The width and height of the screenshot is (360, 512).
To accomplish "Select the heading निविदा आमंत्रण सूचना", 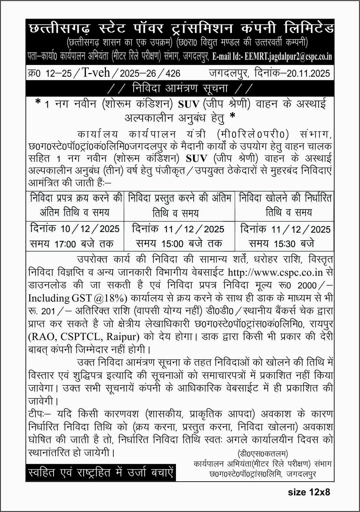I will (180, 88).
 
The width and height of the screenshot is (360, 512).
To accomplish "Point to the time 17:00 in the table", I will (66, 244).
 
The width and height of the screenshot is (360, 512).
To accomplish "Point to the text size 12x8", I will (309, 492).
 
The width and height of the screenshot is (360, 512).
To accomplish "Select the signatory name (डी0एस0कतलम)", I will (263, 454).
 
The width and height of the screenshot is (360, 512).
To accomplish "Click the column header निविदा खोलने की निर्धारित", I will (285, 198).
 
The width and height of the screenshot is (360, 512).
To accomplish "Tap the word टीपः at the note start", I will (37, 414).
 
